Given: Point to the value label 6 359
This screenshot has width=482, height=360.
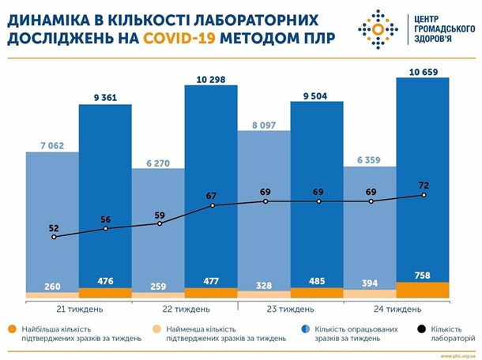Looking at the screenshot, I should (369, 159).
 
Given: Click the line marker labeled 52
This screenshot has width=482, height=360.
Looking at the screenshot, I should (54, 237).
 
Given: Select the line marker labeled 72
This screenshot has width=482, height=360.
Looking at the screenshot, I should (424, 195).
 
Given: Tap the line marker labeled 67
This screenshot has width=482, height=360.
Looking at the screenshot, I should (212, 205).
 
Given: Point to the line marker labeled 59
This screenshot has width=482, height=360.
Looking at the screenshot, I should (160, 223).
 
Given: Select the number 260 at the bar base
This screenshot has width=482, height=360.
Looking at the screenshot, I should (53, 287).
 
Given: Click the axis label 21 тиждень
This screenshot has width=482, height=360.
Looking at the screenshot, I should (79, 309).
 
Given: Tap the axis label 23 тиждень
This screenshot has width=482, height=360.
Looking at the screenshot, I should (291, 309).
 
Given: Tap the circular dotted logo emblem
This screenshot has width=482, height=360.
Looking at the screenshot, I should (378, 30).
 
